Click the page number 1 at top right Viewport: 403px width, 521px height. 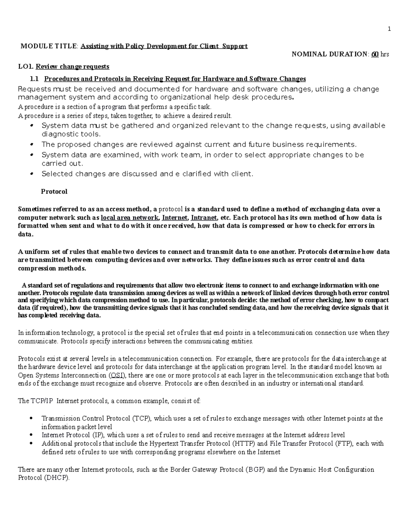(389, 29)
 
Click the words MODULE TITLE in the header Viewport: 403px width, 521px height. (49, 46)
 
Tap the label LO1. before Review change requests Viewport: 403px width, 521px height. (26, 67)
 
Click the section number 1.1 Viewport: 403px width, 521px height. (35, 79)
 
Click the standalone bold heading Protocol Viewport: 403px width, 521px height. (54, 192)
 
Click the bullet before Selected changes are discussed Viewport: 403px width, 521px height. (32, 174)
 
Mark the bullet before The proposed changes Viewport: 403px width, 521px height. (32, 145)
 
